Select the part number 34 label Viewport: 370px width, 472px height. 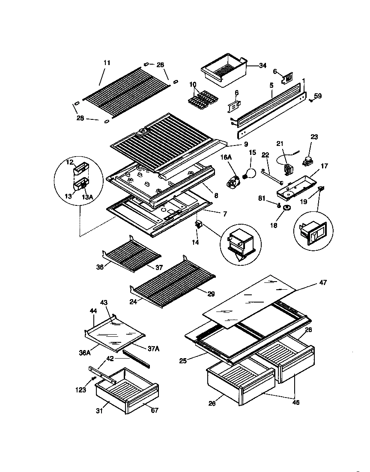click(263, 65)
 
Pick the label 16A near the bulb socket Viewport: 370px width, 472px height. click(226, 158)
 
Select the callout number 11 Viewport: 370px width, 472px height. click(107, 63)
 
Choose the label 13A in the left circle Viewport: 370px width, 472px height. click(87, 196)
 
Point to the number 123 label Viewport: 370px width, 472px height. click(81, 390)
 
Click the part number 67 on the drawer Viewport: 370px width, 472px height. click(155, 410)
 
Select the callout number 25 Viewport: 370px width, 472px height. click(183, 361)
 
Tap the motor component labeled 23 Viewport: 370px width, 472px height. click(307, 161)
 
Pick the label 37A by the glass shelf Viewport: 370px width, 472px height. click(153, 349)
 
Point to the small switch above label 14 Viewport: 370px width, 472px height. click(198, 224)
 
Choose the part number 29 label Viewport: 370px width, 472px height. click(211, 294)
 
